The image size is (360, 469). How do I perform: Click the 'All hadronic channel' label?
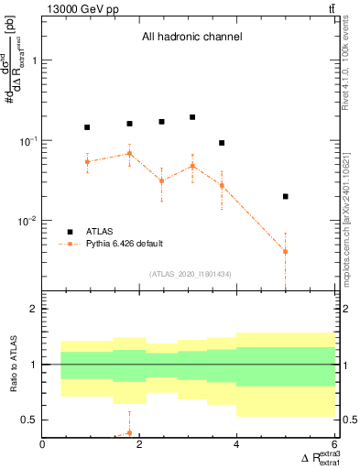point(191,38)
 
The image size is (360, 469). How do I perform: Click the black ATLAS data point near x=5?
point(286,196)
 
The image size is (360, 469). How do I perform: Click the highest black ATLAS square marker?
point(192,117)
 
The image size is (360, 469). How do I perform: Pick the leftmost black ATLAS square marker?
point(87,127)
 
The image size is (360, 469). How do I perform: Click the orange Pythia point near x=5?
point(286,251)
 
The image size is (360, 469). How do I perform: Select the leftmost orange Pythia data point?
point(87,162)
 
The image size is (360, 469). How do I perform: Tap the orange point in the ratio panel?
point(129,432)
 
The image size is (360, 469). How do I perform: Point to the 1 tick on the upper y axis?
point(35,60)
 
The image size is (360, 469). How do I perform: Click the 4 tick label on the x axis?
point(237,445)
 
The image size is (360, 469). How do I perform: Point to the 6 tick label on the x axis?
point(334,445)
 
